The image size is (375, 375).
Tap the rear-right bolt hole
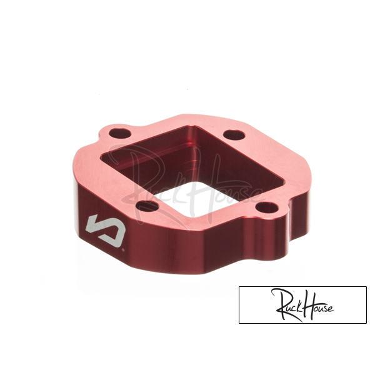tap(234, 136)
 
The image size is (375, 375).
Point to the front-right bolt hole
tap(267, 208)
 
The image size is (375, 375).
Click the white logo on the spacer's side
tap(106, 227)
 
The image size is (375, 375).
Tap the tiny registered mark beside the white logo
tap(123, 250)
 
